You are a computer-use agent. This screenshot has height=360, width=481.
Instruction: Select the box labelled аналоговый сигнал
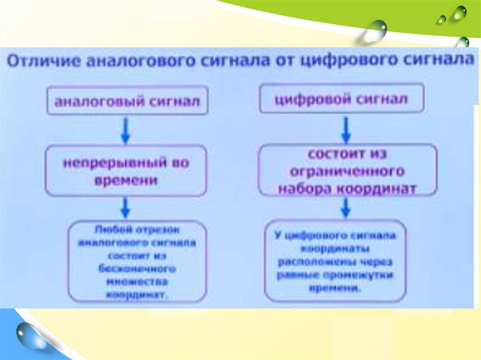click(127, 100)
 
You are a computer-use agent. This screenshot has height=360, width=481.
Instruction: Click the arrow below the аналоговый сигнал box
click(125, 130)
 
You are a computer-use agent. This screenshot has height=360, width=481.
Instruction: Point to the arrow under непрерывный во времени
click(125, 208)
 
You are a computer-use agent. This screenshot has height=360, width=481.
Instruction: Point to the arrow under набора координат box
click(346, 207)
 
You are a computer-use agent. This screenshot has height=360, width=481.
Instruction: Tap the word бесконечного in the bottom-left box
click(137, 269)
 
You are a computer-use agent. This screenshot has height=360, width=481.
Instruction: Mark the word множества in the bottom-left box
click(137, 282)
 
